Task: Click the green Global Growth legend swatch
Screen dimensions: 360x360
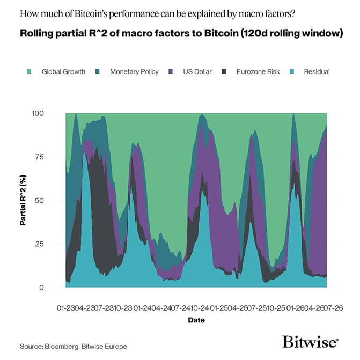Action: click(29, 71)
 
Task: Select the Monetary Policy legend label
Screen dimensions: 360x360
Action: click(134, 72)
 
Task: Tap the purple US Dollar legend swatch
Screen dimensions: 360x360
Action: click(171, 71)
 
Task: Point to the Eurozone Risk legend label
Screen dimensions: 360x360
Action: click(258, 72)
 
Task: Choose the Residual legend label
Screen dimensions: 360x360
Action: click(317, 72)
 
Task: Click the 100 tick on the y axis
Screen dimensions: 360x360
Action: click(38, 113)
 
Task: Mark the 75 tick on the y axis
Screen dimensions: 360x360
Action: click(39, 157)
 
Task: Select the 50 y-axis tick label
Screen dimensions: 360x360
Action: click(39, 201)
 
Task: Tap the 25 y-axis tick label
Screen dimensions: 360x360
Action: click(39, 244)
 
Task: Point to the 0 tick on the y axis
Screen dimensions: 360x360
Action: click(41, 288)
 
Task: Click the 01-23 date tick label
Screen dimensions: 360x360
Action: click(67, 308)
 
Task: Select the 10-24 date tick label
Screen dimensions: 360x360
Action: click(200, 308)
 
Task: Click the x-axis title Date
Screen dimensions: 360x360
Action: click(196, 320)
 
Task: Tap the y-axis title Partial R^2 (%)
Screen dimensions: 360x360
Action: click(23, 200)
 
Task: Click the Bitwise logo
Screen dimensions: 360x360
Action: click(310, 342)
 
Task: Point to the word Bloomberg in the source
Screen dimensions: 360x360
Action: click(62, 347)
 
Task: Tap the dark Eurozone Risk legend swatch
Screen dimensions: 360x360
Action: click(224, 71)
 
